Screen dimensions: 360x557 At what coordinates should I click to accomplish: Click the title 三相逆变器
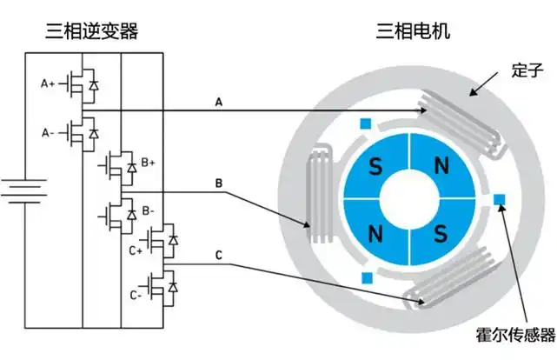pyautogui.click(x=91, y=32)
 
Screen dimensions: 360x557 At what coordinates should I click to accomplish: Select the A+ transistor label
pyautogui.click(x=48, y=83)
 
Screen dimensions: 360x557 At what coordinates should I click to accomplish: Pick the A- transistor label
pyautogui.click(x=48, y=132)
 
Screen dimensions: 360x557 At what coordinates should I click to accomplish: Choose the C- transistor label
pyautogui.click(x=135, y=295)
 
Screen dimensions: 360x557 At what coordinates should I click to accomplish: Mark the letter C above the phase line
pyautogui.click(x=219, y=256)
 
